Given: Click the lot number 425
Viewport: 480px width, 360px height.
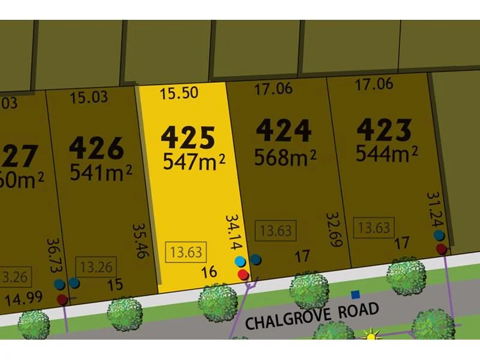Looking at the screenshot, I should tap(188, 137).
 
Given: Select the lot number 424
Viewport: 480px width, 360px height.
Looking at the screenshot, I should tap(283, 131).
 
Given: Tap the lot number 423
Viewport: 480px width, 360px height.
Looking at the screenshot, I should tap(384, 130).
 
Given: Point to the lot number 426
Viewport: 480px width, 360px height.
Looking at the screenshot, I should tap(96, 148).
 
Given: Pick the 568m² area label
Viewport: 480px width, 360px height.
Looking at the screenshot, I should tap(285, 157).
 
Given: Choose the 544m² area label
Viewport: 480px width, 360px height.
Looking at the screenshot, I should tap(386, 154).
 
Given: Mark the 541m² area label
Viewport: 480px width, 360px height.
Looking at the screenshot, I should tap(101, 172).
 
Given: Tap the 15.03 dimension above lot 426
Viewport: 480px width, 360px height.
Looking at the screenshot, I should tap(88, 97).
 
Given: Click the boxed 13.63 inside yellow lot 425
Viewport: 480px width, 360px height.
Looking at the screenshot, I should tap(186, 251).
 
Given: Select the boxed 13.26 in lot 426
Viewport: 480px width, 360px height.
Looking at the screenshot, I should tap(96, 265).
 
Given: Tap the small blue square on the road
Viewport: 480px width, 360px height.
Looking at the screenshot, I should tap(355, 294).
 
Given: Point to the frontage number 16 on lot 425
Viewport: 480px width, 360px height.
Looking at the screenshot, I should tap(209, 272).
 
